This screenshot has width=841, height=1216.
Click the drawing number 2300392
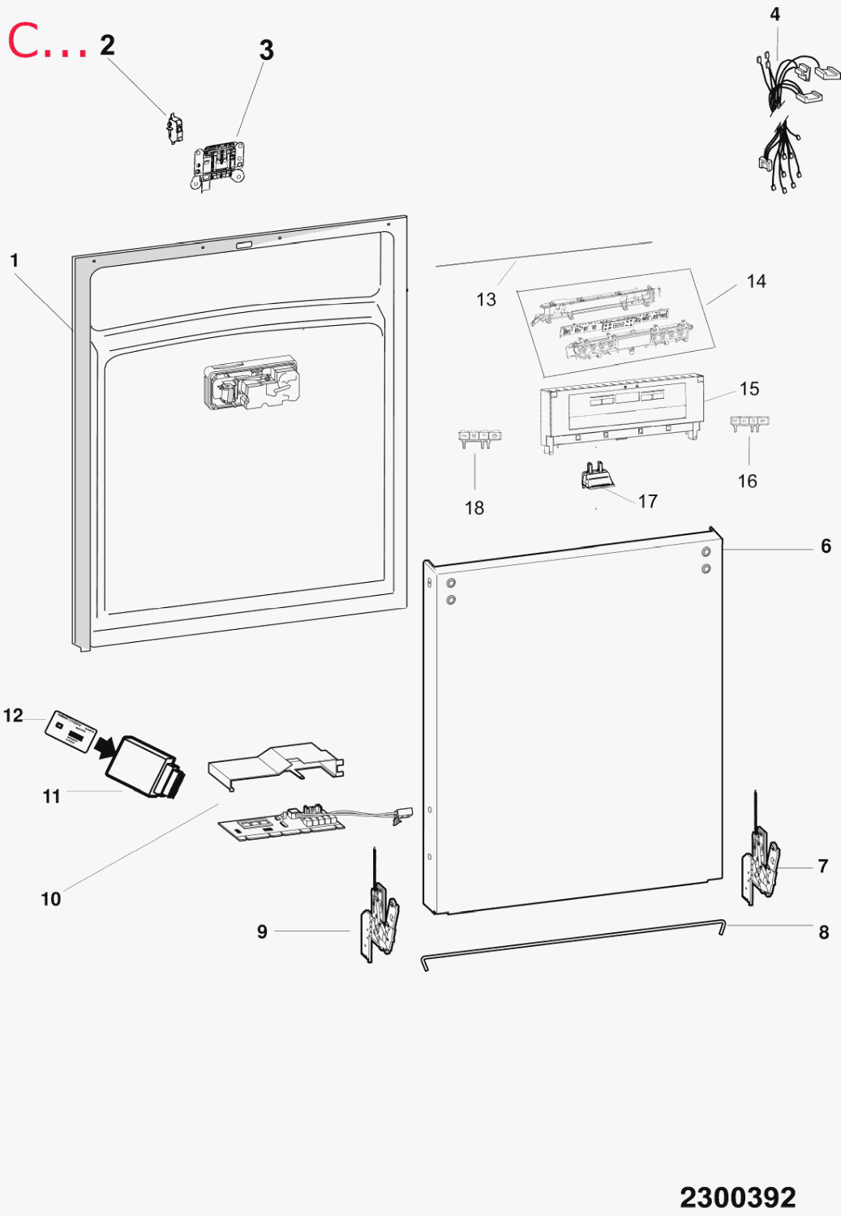(x=738, y=1197)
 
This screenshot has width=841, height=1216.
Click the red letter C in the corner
(x=24, y=41)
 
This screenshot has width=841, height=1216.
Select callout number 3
(x=266, y=50)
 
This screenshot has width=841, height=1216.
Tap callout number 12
(x=13, y=716)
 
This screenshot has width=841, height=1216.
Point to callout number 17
(x=648, y=501)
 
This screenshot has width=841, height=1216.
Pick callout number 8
(x=824, y=932)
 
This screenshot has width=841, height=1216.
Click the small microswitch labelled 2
(x=174, y=129)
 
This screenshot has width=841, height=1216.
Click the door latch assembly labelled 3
(x=218, y=165)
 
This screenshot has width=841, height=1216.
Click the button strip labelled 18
(x=479, y=439)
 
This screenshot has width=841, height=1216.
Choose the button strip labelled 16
(x=750, y=424)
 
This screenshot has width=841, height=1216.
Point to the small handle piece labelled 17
(x=597, y=476)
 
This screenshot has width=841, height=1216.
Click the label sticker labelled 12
(x=71, y=731)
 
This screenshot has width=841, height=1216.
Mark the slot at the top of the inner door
(x=244, y=246)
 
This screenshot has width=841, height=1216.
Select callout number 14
(x=757, y=281)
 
